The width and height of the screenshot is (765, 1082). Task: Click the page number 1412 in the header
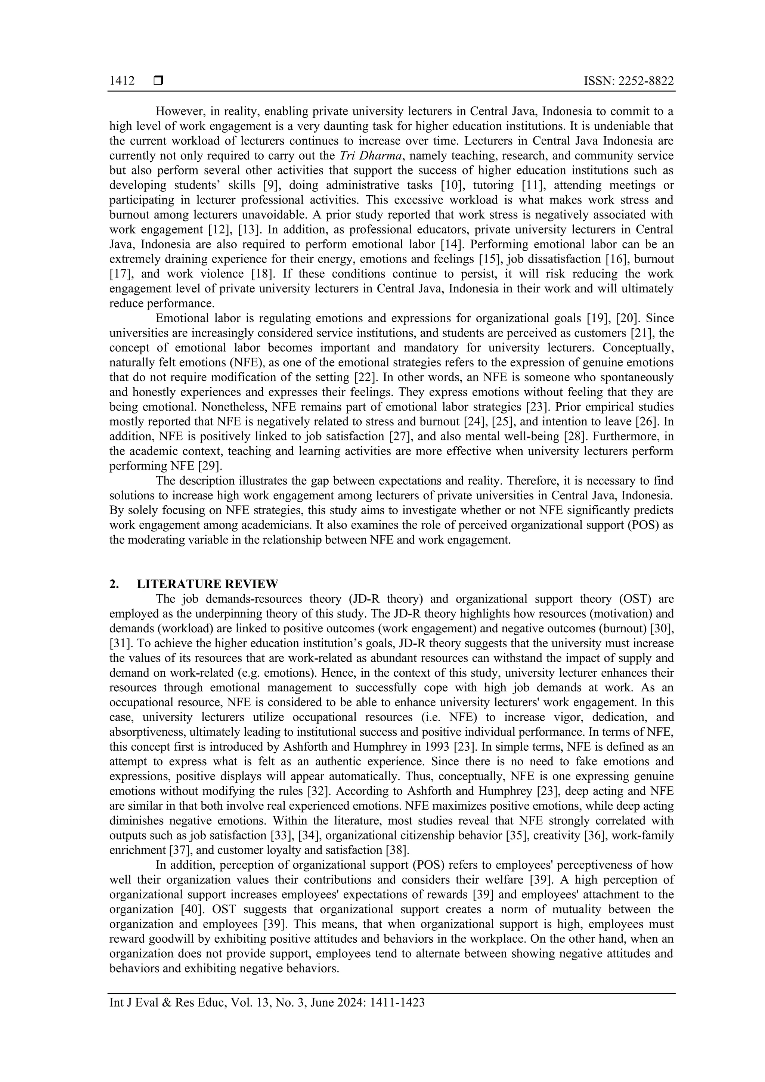(x=122, y=81)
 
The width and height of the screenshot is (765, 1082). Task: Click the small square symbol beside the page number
(x=158, y=81)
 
